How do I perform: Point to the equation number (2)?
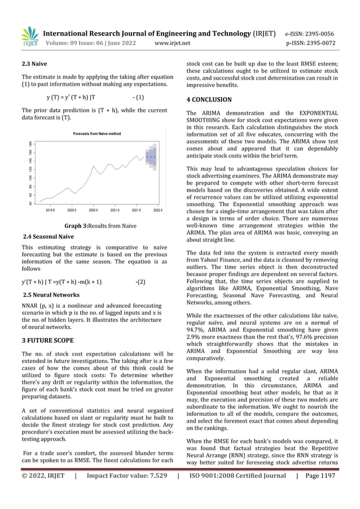[141, 281]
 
